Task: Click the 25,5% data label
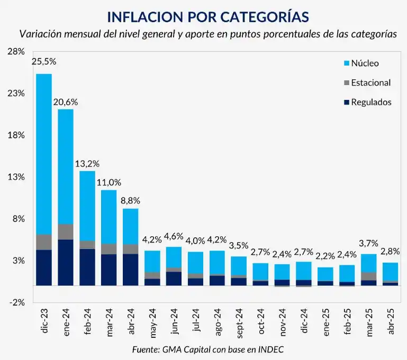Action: tap(44, 61)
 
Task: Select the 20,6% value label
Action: tap(66, 99)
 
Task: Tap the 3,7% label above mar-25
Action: tap(369, 243)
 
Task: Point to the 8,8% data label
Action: tap(130, 200)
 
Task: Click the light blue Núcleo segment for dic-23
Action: tap(44, 153)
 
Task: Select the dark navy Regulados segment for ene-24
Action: tap(66, 262)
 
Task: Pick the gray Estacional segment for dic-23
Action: tap(44, 242)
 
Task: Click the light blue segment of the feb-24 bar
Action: tap(87, 206)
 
